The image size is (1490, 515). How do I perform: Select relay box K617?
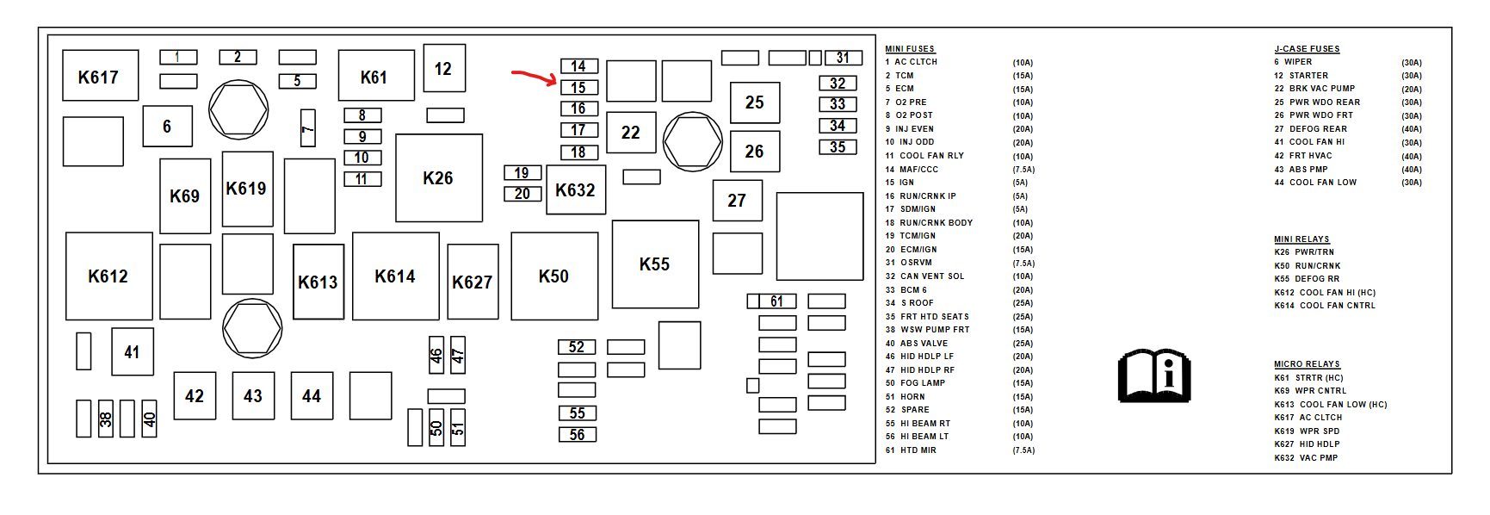coord(100,77)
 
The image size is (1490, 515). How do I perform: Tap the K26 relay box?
coord(438,178)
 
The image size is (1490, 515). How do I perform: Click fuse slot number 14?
coord(578,66)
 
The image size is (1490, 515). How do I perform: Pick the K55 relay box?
coord(655,264)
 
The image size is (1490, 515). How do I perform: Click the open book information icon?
coord(1153,375)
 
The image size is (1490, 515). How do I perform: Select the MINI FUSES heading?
coord(910,49)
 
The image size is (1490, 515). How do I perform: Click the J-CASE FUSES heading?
coord(1307,49)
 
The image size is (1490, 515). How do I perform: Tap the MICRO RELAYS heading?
coord(1307,364)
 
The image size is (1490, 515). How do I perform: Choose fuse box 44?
coord(312,396)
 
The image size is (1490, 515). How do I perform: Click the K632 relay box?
coord(576,190)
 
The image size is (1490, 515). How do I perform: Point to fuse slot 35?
coord(838,147)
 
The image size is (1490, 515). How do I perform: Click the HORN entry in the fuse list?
coord(912,397)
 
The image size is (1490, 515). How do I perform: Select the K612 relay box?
coord(108,276)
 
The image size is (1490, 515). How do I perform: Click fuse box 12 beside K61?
coord(443,69)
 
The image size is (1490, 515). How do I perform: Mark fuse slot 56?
coord(577,435)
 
